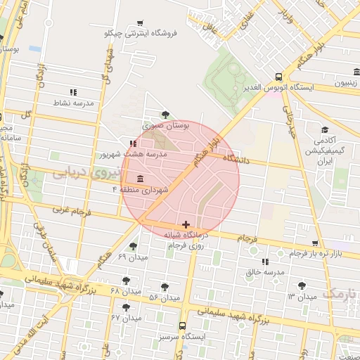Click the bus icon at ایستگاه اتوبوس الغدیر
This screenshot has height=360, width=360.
point(278,77)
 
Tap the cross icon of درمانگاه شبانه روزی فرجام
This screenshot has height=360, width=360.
point(186,224)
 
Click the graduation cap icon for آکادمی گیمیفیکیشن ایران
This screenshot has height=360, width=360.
point(324,130)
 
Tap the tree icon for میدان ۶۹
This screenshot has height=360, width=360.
point(134,246)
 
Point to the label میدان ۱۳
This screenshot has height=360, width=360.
point(281,295)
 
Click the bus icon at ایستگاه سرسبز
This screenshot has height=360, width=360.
point(183,326)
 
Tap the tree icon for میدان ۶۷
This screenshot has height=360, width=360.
point(127,307)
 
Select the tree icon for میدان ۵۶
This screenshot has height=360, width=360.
point(165,286)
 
